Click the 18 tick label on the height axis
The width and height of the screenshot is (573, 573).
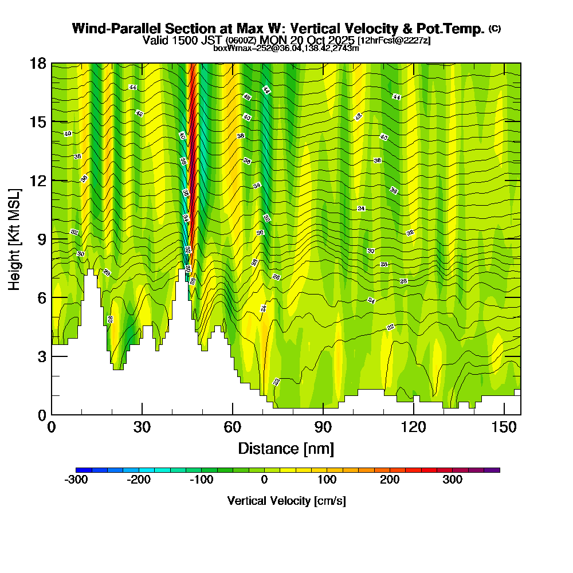pos(38,63)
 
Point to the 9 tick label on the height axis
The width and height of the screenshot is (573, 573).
pos(41,239)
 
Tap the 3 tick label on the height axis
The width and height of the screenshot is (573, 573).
pos(41,356)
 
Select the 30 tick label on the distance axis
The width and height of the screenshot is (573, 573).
pos(142,427)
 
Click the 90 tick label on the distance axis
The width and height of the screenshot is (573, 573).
pos(323,427)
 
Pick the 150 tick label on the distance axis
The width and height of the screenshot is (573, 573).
pos(504,427)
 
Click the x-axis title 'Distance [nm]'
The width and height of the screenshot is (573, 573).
pos(286,448)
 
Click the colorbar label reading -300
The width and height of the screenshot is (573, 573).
pos(76,480)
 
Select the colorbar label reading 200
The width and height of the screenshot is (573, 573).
pos(390,480)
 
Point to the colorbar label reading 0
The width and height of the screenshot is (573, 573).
pos(264,480)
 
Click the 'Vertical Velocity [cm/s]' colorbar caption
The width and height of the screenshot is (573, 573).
pos(286,501)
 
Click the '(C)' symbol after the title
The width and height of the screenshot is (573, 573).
pos(494,29)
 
